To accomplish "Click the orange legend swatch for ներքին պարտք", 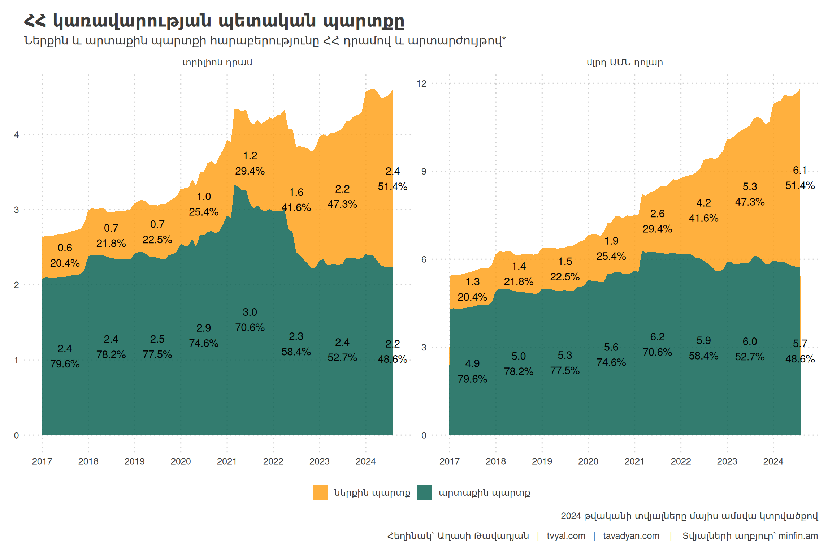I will click(x=320, y=492).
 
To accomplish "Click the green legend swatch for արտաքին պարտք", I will click(x=424, y=492).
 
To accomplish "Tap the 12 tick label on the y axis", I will click(x=421, y=83).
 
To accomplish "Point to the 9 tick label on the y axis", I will click(x=424, y=171).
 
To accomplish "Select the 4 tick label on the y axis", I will click(x=16, y=135).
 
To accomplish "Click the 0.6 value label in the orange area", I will click(x=65, y=248).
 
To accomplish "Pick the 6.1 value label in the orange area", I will click(x=799, y=170).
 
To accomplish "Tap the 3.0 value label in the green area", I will click(x=250, y=312).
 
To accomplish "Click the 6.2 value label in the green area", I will click(x=657, y=337).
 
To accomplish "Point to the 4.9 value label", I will click(x=472, y=363).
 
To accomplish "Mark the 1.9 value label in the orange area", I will click(x=611, y=241).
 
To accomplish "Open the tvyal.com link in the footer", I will click(x=566, y=536).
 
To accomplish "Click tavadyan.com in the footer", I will click(x=631, y=536).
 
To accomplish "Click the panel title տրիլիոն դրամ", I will click(x=217, y=63).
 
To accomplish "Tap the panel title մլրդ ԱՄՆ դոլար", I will click(x=625, y=63).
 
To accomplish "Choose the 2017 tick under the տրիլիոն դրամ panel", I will click(x=42, y=461).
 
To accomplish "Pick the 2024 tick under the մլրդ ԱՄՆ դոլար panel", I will click(x=773, y=461).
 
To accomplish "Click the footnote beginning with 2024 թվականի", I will click(x=689, y=516).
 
